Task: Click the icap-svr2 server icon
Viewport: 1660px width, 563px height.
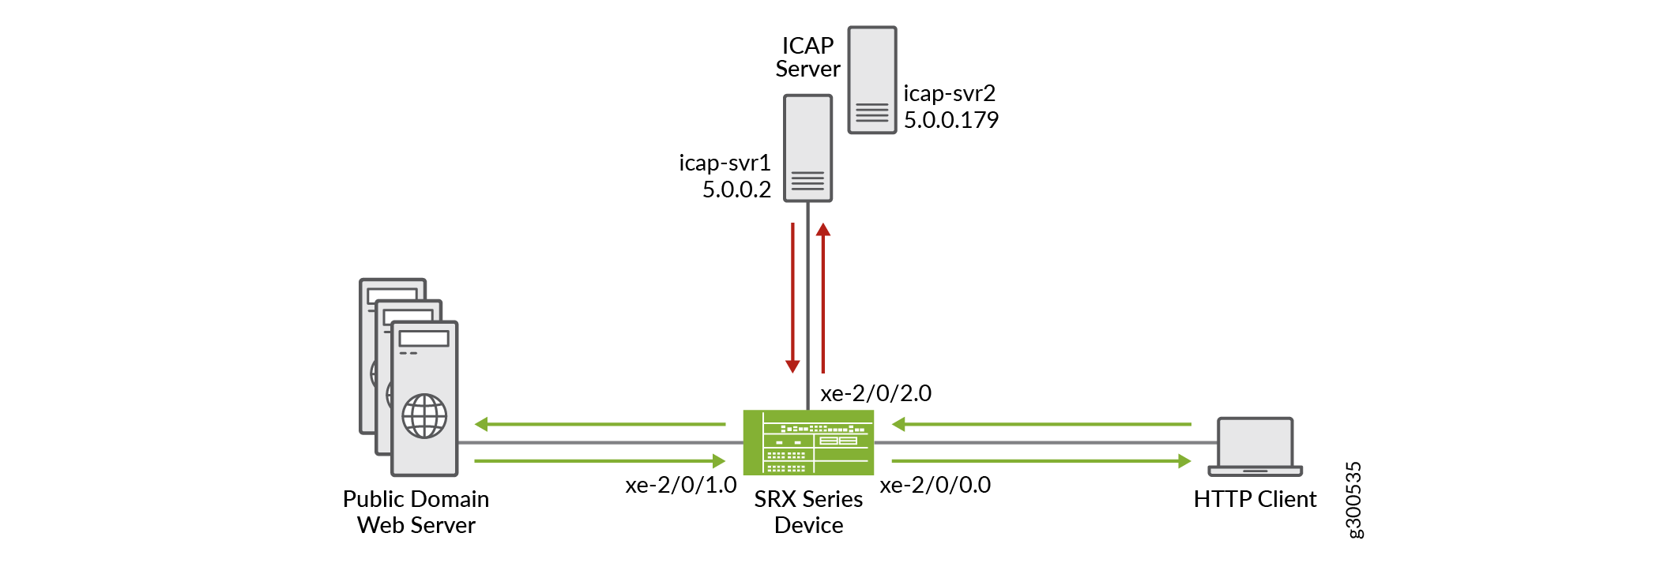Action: (x=871, y=80)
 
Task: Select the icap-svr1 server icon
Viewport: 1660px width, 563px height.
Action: (x=807, y=148)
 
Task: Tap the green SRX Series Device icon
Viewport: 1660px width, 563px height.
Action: (x=808, y=442)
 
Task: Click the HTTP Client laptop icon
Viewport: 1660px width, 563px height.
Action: (x=1255, y=446)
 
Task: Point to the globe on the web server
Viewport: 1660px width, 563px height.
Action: (x=424, y=415)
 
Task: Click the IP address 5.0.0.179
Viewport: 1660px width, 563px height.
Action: (x=950, y=120)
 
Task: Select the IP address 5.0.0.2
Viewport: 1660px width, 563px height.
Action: (x=736, y=190)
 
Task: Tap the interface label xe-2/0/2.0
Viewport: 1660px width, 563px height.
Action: (x=875, y=393)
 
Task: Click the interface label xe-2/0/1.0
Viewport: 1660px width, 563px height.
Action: (x=680, y=485)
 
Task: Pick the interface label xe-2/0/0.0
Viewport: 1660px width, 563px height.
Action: (x=935, y=485)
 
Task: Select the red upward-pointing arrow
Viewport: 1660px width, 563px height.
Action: (x=823, y=297)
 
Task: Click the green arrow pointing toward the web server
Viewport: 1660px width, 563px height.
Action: (x=600, y=424)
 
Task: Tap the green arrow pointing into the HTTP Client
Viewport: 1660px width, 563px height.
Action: (x=1041, y=460)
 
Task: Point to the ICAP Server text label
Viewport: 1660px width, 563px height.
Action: (x=807, y=57)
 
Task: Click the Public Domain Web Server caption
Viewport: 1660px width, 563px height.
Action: (x=416, y=512)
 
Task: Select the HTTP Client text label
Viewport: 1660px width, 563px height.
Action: (x=1255, y=499)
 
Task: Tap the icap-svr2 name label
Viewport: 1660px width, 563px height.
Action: (x=949, y=93)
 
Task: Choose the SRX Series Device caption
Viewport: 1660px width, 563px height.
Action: (x=808, y=512)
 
